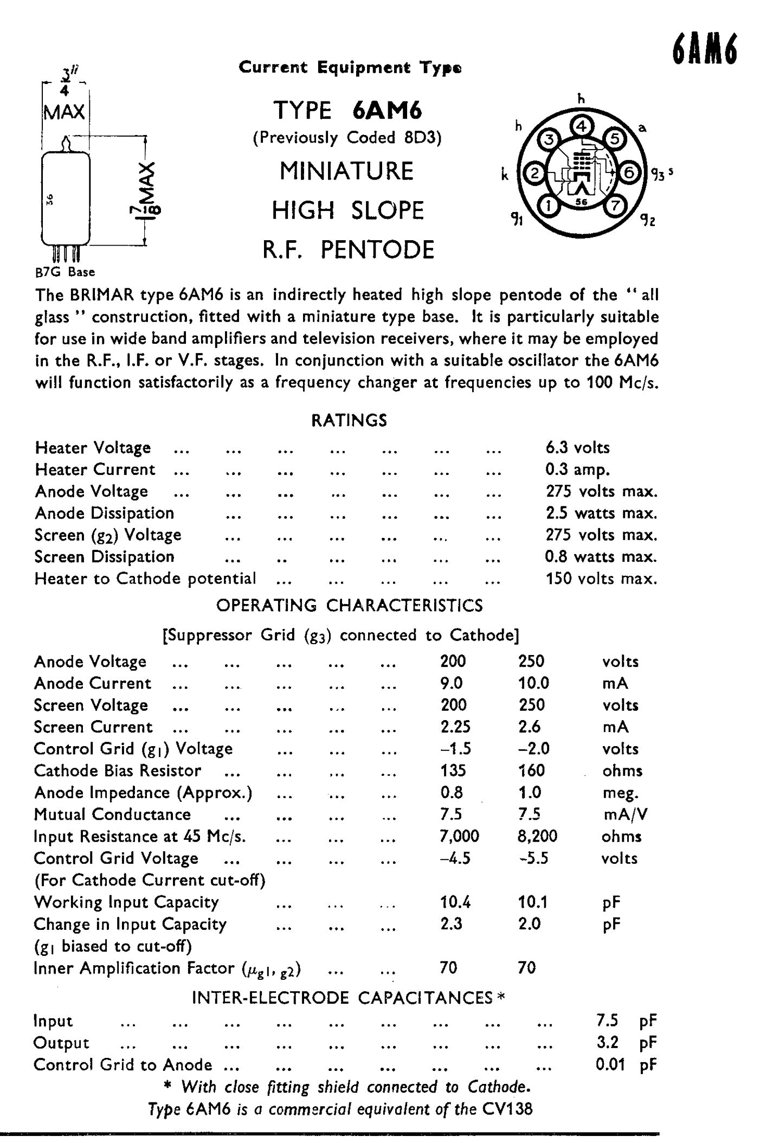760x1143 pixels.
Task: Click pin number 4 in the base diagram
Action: pos(581,126)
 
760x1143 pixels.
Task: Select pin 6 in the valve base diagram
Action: pos(629,172)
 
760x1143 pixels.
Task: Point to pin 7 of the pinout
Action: pos(615,206)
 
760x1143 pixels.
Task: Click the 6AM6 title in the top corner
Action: pos(705,51)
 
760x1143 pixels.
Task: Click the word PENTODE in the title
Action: pos(377,250)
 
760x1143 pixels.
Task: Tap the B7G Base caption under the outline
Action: pos(65,272)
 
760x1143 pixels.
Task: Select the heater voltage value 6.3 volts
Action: pos(577,448)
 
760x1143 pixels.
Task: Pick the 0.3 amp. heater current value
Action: pos(577,470)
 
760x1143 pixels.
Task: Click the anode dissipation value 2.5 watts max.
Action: pos(601,513)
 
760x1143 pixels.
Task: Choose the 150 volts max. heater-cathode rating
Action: pos(601,579)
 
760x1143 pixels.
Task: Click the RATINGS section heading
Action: pos(349,421)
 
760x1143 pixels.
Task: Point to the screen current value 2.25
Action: pos(455,727)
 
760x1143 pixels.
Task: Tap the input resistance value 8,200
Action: pos(537,836)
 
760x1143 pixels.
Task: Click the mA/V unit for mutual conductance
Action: pos(624,814)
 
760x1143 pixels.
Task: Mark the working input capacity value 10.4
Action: pos(455,902)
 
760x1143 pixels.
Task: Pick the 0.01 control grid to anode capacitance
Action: pos(610,1065)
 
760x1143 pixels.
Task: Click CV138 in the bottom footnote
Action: pos(507,1108)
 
